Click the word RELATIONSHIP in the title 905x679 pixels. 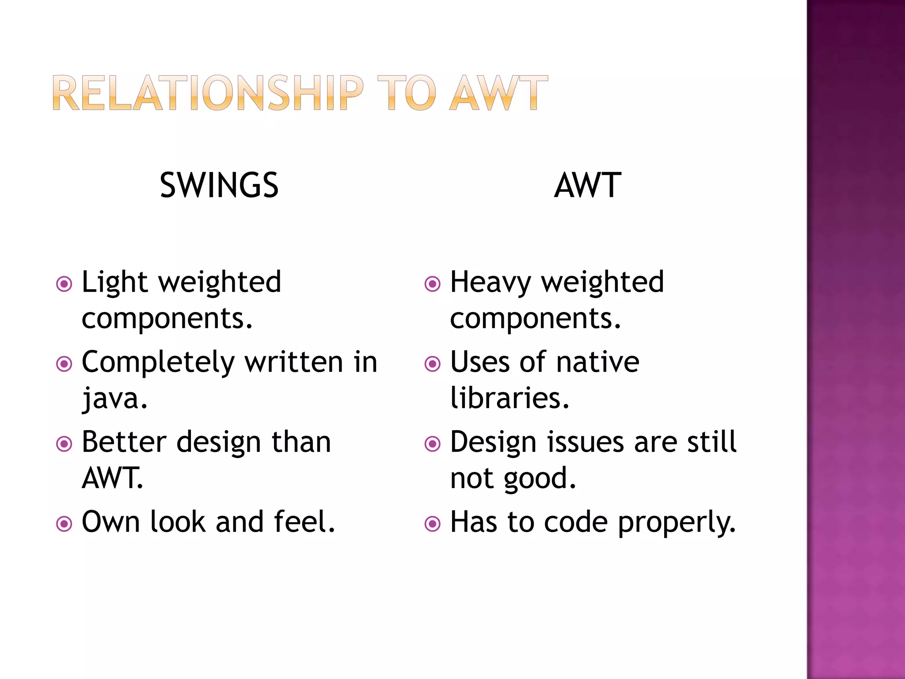pos(208,93)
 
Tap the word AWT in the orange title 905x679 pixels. pos(498,93)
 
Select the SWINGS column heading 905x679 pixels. pos(219,185)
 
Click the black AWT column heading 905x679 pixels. pos(588,185)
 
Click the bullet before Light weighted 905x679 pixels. pos(65,283)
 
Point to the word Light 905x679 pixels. pos(114,282)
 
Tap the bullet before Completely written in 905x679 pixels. pos(65,364)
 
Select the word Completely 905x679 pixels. pos(158,362)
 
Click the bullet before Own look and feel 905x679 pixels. pos(65,524)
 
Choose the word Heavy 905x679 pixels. pos(491,282)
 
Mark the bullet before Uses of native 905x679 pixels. pos(433,364)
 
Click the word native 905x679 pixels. pos(597,362)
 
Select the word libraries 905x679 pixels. pos(510,398)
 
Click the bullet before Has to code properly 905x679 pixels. pos(433,524)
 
